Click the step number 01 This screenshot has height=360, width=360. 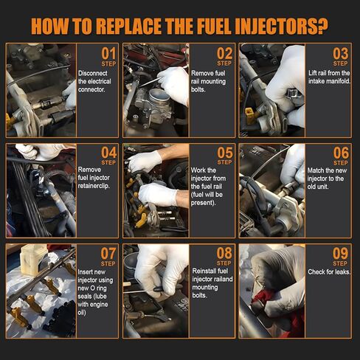click(x=108, y=54)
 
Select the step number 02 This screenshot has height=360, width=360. click(x=224, y=54)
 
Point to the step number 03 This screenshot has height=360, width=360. click(x=340, y=54)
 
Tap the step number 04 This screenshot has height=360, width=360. click(x=108, y=153)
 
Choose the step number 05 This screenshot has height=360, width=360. click(x=224, y=153)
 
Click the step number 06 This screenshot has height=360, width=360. click(x=340, y=153)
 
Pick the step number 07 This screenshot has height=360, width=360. click(x=108, y=255)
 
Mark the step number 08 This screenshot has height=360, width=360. click(x=224, y=255)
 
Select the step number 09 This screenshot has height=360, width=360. click(x=340, y=255)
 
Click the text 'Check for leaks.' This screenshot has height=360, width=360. click(x=327, y=271)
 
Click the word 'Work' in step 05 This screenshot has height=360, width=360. click(x=204, y=170)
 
